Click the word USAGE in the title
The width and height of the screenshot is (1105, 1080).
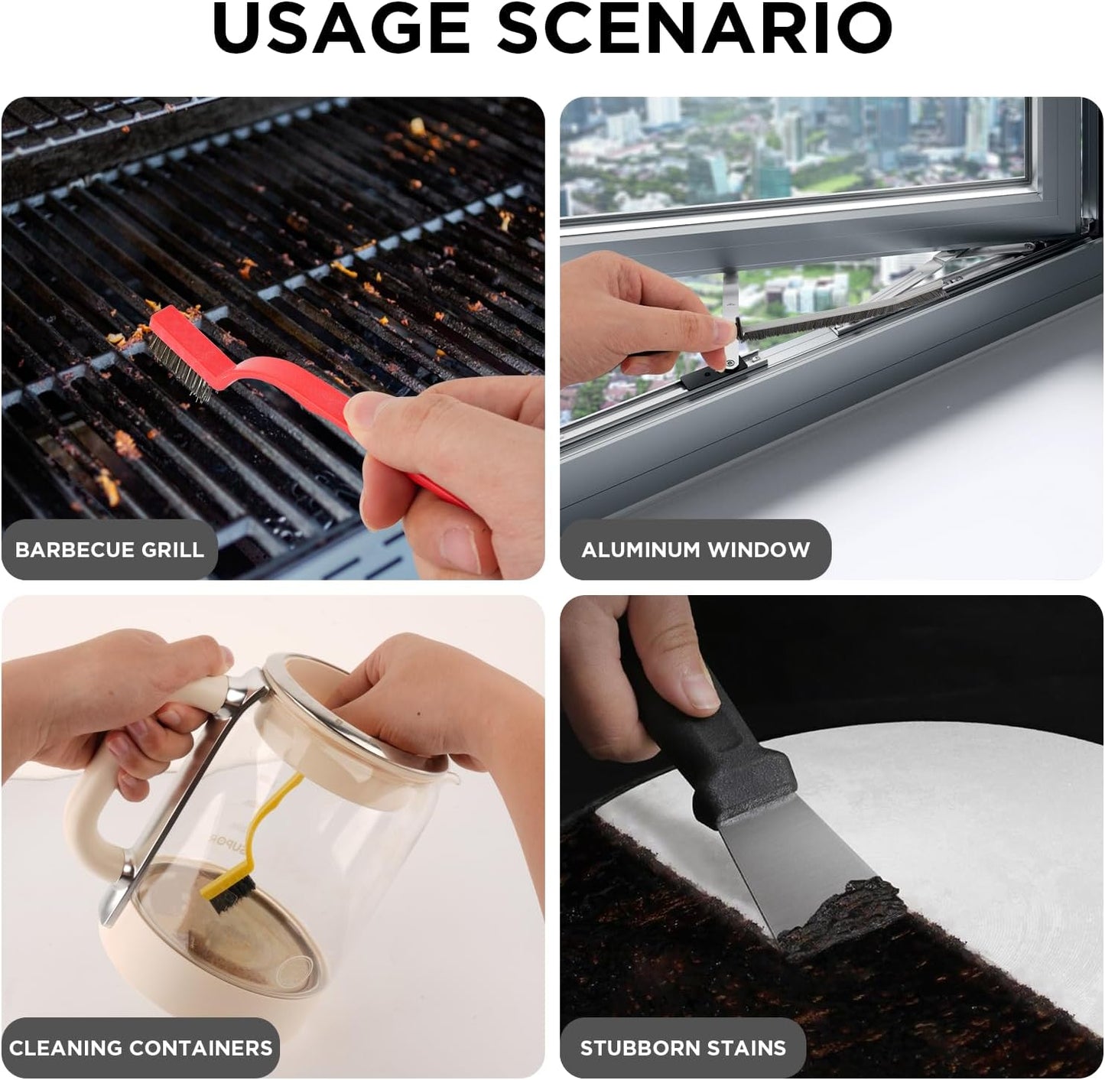click(341, 28)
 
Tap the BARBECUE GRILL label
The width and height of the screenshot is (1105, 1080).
click(109, 550)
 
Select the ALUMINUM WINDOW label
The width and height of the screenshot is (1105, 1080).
click(696, 550)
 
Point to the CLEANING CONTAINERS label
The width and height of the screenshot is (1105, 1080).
click(141, 1048)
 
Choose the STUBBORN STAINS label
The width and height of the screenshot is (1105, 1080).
click(683, 1048)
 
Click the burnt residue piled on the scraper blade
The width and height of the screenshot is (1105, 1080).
click(840, 909)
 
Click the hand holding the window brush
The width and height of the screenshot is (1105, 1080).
click(636, 318)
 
